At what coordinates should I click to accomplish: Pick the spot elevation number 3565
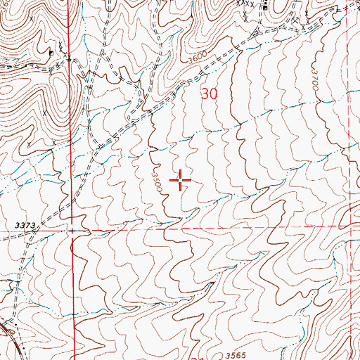click(x=238, y=356)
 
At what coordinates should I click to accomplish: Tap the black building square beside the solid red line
click(x=51, y=52)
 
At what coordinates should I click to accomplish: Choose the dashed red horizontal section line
click(x=211, y=229)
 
